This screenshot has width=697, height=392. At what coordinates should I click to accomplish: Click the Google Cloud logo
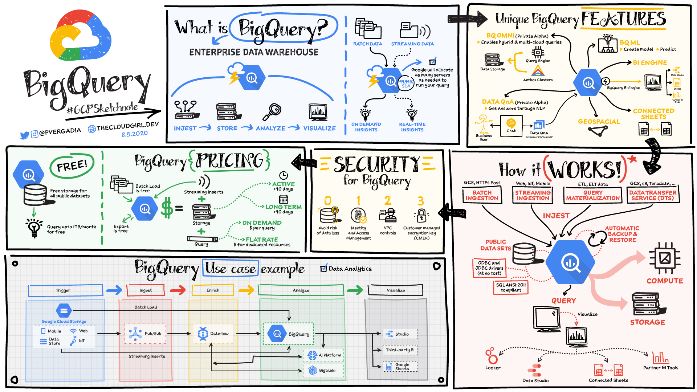coord(81,36)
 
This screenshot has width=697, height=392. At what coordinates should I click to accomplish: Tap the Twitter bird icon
coord(24,135)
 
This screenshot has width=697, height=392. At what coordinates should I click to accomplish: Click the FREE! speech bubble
coord(72,166)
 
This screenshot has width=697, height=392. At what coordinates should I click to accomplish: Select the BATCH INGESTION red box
coord(482,195)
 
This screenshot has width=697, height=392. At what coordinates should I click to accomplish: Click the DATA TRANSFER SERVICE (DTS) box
coord(653,195)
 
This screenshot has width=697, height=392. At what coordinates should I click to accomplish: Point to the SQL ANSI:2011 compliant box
coord(511,287)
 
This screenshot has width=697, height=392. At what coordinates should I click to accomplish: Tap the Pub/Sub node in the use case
coord(145,334)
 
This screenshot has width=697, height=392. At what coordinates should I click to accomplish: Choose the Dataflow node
coord(213,334)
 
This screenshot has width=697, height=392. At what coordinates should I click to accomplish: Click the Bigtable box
coord(323,371)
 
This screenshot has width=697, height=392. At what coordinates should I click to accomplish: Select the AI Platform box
coord(324,355)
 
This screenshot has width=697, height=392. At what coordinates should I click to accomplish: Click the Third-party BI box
coord(400,350)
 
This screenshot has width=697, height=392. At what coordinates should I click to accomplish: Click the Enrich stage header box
coord(213,290)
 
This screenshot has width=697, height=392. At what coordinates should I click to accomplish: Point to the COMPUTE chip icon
coord(665,258)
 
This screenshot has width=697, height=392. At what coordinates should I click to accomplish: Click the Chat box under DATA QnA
coord(511,126)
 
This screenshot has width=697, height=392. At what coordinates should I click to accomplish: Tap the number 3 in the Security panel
coord(421,201)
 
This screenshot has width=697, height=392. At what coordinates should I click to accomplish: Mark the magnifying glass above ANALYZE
coord(272,112)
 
